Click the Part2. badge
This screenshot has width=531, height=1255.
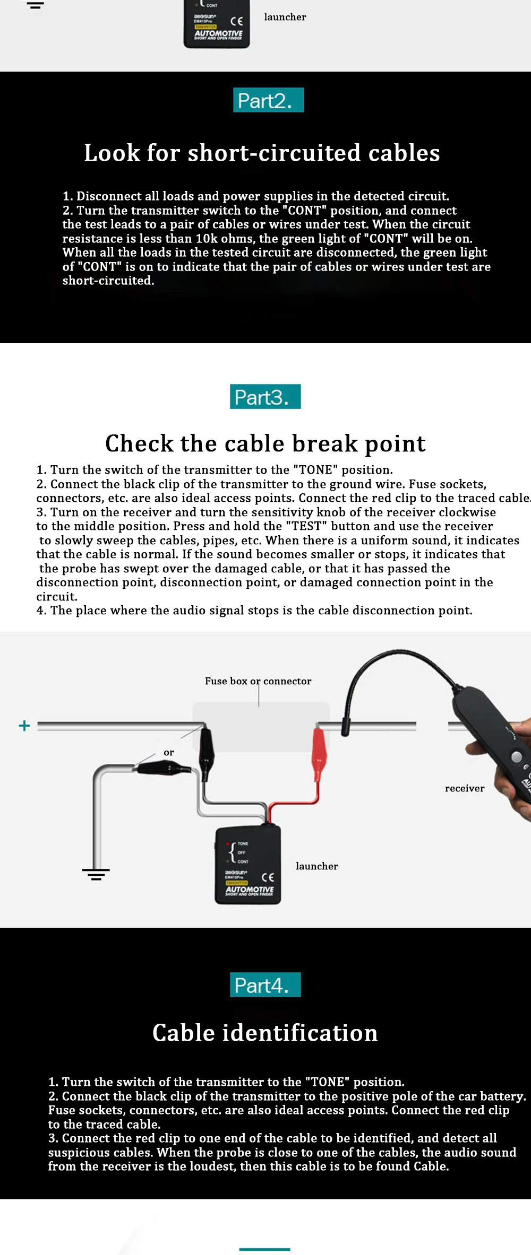(268, 100)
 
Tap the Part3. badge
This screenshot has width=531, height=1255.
(265, 397)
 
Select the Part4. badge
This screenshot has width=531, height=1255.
(265, 985)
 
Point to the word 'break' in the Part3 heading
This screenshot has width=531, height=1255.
(325, 443)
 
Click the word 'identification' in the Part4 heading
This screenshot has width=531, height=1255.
(299, 1033)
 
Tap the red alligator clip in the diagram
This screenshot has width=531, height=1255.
(319, 747)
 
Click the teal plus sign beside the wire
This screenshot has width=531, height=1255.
(24, 725)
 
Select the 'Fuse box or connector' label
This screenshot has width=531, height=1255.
(258, 681)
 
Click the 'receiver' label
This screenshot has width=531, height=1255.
(465, 788)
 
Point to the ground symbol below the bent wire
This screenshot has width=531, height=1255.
(96, 874)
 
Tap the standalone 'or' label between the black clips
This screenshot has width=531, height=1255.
(169, 753)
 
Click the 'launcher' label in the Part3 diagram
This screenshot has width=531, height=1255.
(316, 866)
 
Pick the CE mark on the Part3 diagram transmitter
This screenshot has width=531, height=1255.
(268, 877)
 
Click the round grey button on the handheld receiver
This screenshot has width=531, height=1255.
(516, 757)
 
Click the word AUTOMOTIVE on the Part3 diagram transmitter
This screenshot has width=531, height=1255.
(250, 889)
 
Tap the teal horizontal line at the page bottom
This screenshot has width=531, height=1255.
(264, 1250)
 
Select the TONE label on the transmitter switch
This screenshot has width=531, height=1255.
(243, 843)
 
